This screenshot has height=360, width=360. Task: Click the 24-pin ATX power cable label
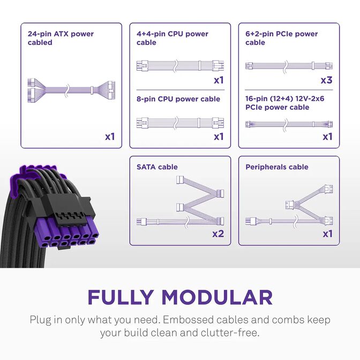(x=61, y=38)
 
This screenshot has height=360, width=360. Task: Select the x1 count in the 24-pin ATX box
(x=110, y=137)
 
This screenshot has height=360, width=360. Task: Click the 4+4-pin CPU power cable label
(x=172, y=38)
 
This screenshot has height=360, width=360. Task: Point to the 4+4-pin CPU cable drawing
(x=180, y=67)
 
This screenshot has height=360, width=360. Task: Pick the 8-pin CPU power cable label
(x=178, y=99)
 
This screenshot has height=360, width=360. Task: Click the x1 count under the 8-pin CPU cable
(x=219, y=137)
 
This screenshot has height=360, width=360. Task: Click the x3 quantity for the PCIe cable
(x=327, y=80)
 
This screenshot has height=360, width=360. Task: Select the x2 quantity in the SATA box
(x=218, y=234)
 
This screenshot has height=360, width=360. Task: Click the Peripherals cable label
(x=277, y=167)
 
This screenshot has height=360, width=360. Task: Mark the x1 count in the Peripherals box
(x=327, y=234)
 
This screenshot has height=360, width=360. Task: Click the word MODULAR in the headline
(x=217, y=297)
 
